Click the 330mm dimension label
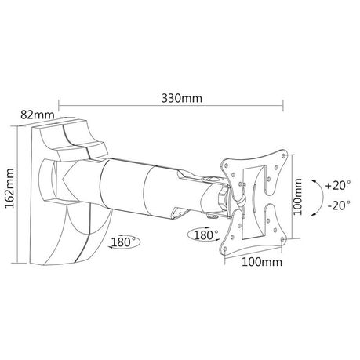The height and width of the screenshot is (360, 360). point(182,99)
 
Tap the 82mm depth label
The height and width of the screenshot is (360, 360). point(38,115)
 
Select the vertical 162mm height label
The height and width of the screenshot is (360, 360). point(9,188)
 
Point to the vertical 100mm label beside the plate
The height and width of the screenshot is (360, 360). point(297,197)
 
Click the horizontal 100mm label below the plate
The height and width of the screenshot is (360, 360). point(262,262)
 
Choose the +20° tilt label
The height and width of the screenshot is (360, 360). point(338,185)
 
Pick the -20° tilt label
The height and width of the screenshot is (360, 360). point(340,205)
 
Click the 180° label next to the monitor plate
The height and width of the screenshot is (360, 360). point(205,235)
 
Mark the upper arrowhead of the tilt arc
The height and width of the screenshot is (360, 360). point(313,181)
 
